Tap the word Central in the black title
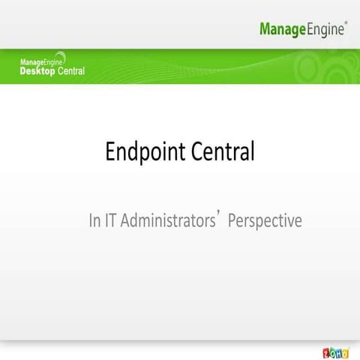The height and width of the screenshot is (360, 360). click(223, 151)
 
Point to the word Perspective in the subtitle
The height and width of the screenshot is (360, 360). click(264, 221)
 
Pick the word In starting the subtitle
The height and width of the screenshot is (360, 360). click(94, 221)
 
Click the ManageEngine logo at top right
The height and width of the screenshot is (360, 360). click(303, 29)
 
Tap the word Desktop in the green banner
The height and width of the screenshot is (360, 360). click(37, 71)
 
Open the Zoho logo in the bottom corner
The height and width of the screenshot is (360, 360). click(335, 352)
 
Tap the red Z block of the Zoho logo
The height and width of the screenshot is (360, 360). click(326, 352)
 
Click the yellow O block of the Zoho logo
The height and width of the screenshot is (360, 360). click(346, 352)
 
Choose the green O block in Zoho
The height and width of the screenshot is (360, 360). click(332, 352)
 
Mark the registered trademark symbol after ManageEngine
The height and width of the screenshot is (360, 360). click(346, 24)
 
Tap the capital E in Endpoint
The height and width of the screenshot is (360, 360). click(111, 152)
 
